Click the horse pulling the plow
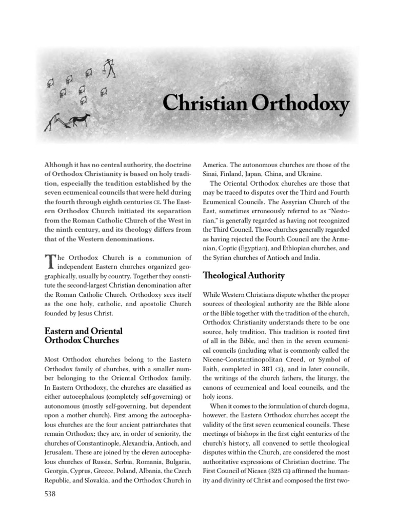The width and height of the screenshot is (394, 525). (x=81, y=121)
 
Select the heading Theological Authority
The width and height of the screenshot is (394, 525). (x=244, y=276)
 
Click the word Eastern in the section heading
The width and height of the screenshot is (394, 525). (x=60, y=331)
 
